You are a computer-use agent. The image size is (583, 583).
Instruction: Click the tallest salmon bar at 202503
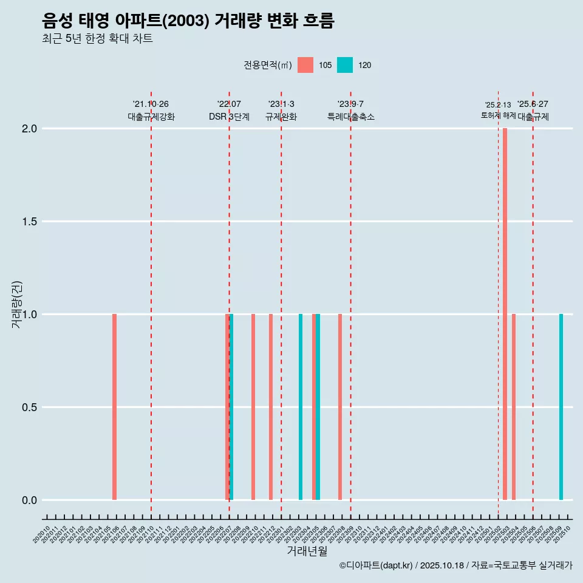click(505, 314)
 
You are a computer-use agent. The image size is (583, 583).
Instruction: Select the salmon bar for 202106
click(114, 407)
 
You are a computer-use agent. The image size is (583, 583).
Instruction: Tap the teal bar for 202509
click(561, 407)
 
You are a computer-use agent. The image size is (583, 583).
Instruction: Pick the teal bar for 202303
click(301, 407)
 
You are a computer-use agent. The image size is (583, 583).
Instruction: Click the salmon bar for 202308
click(340, 407)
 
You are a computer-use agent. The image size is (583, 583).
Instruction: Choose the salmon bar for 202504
click(514, 407)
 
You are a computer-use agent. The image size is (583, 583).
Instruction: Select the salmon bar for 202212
click(271, 407)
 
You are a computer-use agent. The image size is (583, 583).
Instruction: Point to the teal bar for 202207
click(231, 407)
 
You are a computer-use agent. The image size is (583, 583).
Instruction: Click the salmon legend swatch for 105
click(305, 65)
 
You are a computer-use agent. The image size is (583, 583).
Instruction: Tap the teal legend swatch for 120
click(345, 65)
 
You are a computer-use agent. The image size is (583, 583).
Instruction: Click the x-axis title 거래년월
click(307, 551)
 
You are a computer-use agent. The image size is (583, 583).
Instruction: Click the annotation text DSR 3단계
click(229, 117)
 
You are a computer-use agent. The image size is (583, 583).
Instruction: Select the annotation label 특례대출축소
click(350, 117)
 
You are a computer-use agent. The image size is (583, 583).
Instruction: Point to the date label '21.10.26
click(151, 104)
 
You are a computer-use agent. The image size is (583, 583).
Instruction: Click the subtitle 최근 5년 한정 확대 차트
click(97, 39)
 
